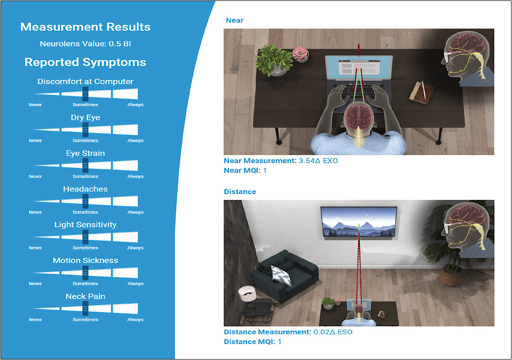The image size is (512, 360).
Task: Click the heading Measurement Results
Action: (85, 27)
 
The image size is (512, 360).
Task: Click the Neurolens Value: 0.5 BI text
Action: (85, 45)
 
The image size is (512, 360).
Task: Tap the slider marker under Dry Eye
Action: (85, 129)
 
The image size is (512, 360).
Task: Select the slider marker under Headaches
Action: (85, 201)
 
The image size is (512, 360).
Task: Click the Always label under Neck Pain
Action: (135, 320)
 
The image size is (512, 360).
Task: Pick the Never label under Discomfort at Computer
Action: (35, 105)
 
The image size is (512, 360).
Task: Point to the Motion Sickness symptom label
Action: (85, 261)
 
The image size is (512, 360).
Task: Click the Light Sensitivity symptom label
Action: (85, 225)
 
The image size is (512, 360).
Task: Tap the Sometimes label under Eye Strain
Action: (85, 176)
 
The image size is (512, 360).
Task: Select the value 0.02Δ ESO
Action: (332, 332)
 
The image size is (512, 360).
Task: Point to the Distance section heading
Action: (240, 192)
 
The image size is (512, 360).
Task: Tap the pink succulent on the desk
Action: (300, 54)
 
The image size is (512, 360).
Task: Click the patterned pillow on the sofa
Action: (281, 275)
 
